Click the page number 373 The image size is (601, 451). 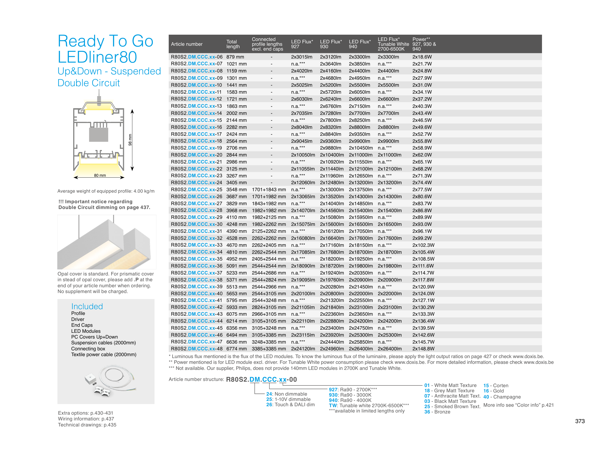pyautogui.click(x=580, y=421)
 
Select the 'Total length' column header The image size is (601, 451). pyautogui.click(x=233, y=44)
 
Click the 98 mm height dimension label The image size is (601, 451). pyautogui.click(x=130, y=140)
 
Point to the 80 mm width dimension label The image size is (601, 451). pyautogui.click(x=100, y=175)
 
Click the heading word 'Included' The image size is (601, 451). pyautogui.click(x=87, y=306)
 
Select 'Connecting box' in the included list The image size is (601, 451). pyautogui.click(x=88, y=348)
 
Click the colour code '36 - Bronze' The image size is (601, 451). pyautogui.click(x=437, y=412)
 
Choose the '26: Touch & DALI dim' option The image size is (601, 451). pyautogui.click(x=290, y=405)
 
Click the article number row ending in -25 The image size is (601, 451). pyautogui.click(x=196, y=190)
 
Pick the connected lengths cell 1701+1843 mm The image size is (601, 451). pyautogui.click(x=268, y=190)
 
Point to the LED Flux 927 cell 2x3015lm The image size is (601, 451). pyautogui.click(x=302, y=57)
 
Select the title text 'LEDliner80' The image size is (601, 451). pyautogui.click(x=97, y=57)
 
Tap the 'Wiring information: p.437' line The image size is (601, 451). pyautogui.click(x=86, y=419)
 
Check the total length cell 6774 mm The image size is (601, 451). pyautogui.click(x=236, y=348)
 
